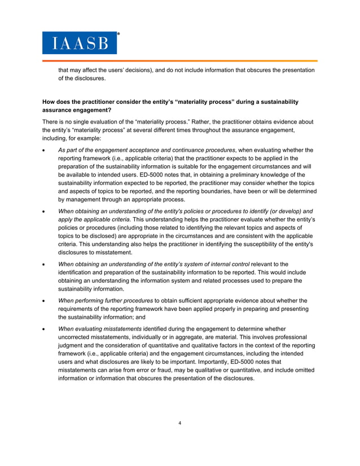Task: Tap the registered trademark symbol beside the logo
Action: (118, 34)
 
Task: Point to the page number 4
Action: (179, 423)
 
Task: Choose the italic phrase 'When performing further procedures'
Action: (106, 300)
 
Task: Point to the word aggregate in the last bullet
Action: (187, 337)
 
